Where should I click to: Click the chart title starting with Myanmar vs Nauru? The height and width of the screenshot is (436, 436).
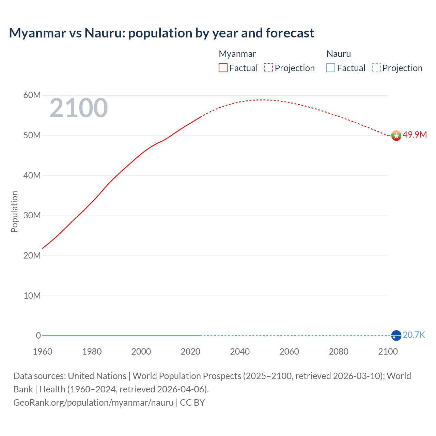[161, 33]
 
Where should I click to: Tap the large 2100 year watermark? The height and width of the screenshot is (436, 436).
[79, 108]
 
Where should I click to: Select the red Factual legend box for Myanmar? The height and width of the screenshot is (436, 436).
[223, 68]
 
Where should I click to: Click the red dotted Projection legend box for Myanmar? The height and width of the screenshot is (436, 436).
[268, 68]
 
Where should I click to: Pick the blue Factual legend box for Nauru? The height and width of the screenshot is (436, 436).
[331, 68]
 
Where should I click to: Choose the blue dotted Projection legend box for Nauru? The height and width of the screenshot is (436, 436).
[376, 68]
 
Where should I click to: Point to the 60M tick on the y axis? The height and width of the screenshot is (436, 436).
[32, 95]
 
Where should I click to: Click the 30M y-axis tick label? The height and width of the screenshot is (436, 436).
[32, 215]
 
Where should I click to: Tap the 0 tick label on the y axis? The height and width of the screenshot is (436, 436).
[38, 336]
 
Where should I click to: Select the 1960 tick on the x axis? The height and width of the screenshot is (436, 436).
[43, 352]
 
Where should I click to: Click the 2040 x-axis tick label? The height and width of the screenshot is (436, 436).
[240, 352]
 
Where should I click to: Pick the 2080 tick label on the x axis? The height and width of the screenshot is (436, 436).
[339, 352]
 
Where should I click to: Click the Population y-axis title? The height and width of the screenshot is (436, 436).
[14, 212]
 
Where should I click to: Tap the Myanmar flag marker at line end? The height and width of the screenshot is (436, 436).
[396, 136]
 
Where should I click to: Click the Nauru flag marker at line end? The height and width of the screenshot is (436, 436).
[396, 336]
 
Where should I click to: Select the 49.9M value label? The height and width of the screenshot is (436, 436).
[415, 135]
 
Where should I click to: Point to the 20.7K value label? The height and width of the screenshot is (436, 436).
[414, 335]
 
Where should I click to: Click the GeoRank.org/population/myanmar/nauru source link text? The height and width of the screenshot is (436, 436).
[93, 403]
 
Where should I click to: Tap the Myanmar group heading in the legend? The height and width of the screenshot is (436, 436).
[237, 54]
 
